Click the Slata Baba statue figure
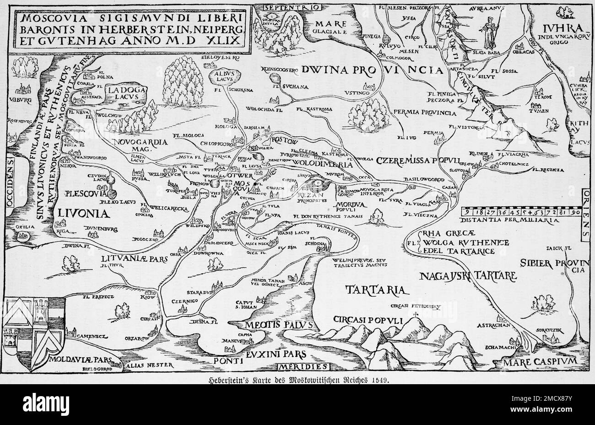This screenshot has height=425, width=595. [x=489, y=31]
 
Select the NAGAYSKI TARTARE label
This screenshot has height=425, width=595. [x=468, y=276]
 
